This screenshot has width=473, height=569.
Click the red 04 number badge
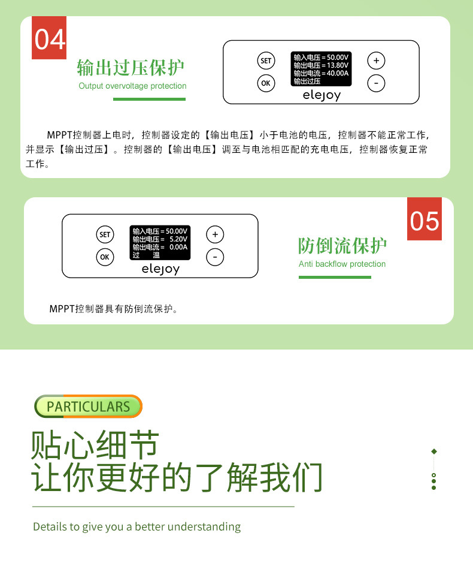pos(49,38)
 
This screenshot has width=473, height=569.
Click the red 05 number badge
pos(425,219)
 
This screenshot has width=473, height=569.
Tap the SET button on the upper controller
pos(266,61)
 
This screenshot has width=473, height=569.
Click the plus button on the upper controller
pos(376,61)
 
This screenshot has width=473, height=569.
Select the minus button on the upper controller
pos(376,83)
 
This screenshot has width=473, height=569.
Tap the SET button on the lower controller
pos(105,234)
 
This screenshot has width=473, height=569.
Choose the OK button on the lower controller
pos(105,257)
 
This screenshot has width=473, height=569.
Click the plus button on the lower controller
pos(215,234)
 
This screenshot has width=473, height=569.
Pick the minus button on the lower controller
pos(215,257)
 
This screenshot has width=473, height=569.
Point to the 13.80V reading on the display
pos(336,65)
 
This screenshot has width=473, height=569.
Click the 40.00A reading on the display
pos(338,73)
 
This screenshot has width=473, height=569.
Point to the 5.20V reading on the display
pos(178,239)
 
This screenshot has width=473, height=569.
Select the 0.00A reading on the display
pos(178,246)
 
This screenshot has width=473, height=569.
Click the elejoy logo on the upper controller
pos(322,95)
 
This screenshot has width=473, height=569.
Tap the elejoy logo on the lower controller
pos(160,269)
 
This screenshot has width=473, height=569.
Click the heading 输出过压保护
pos(131,67)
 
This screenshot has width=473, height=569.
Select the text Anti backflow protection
pos(342,264)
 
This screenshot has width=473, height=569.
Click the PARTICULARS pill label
pos(88,407)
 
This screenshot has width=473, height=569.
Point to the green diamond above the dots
pos(434,451)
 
